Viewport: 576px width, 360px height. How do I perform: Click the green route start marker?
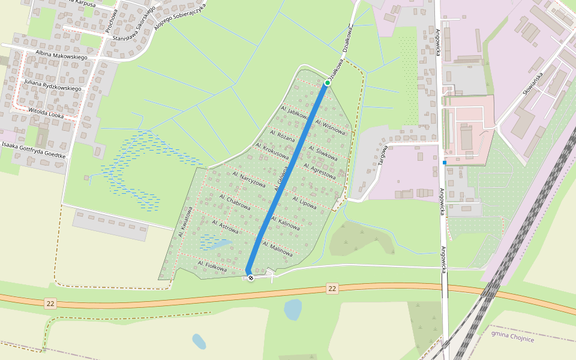(328, 82)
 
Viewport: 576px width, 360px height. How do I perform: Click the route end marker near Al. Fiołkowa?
(250, 277)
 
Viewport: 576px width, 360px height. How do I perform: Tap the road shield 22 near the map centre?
(332, 289)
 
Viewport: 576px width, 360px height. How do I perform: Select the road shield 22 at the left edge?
(50, 304)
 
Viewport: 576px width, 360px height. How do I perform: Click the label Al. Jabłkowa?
(296, 113)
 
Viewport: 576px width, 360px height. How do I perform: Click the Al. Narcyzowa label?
(248, 179)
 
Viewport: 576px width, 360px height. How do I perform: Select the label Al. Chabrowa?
(235, 202)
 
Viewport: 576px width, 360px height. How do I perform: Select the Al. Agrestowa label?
(319, 171)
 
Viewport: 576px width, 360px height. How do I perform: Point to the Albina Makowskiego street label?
(61, 56)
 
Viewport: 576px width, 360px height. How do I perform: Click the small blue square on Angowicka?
(445, 162)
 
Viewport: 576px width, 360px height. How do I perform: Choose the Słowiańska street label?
(532, 84)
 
